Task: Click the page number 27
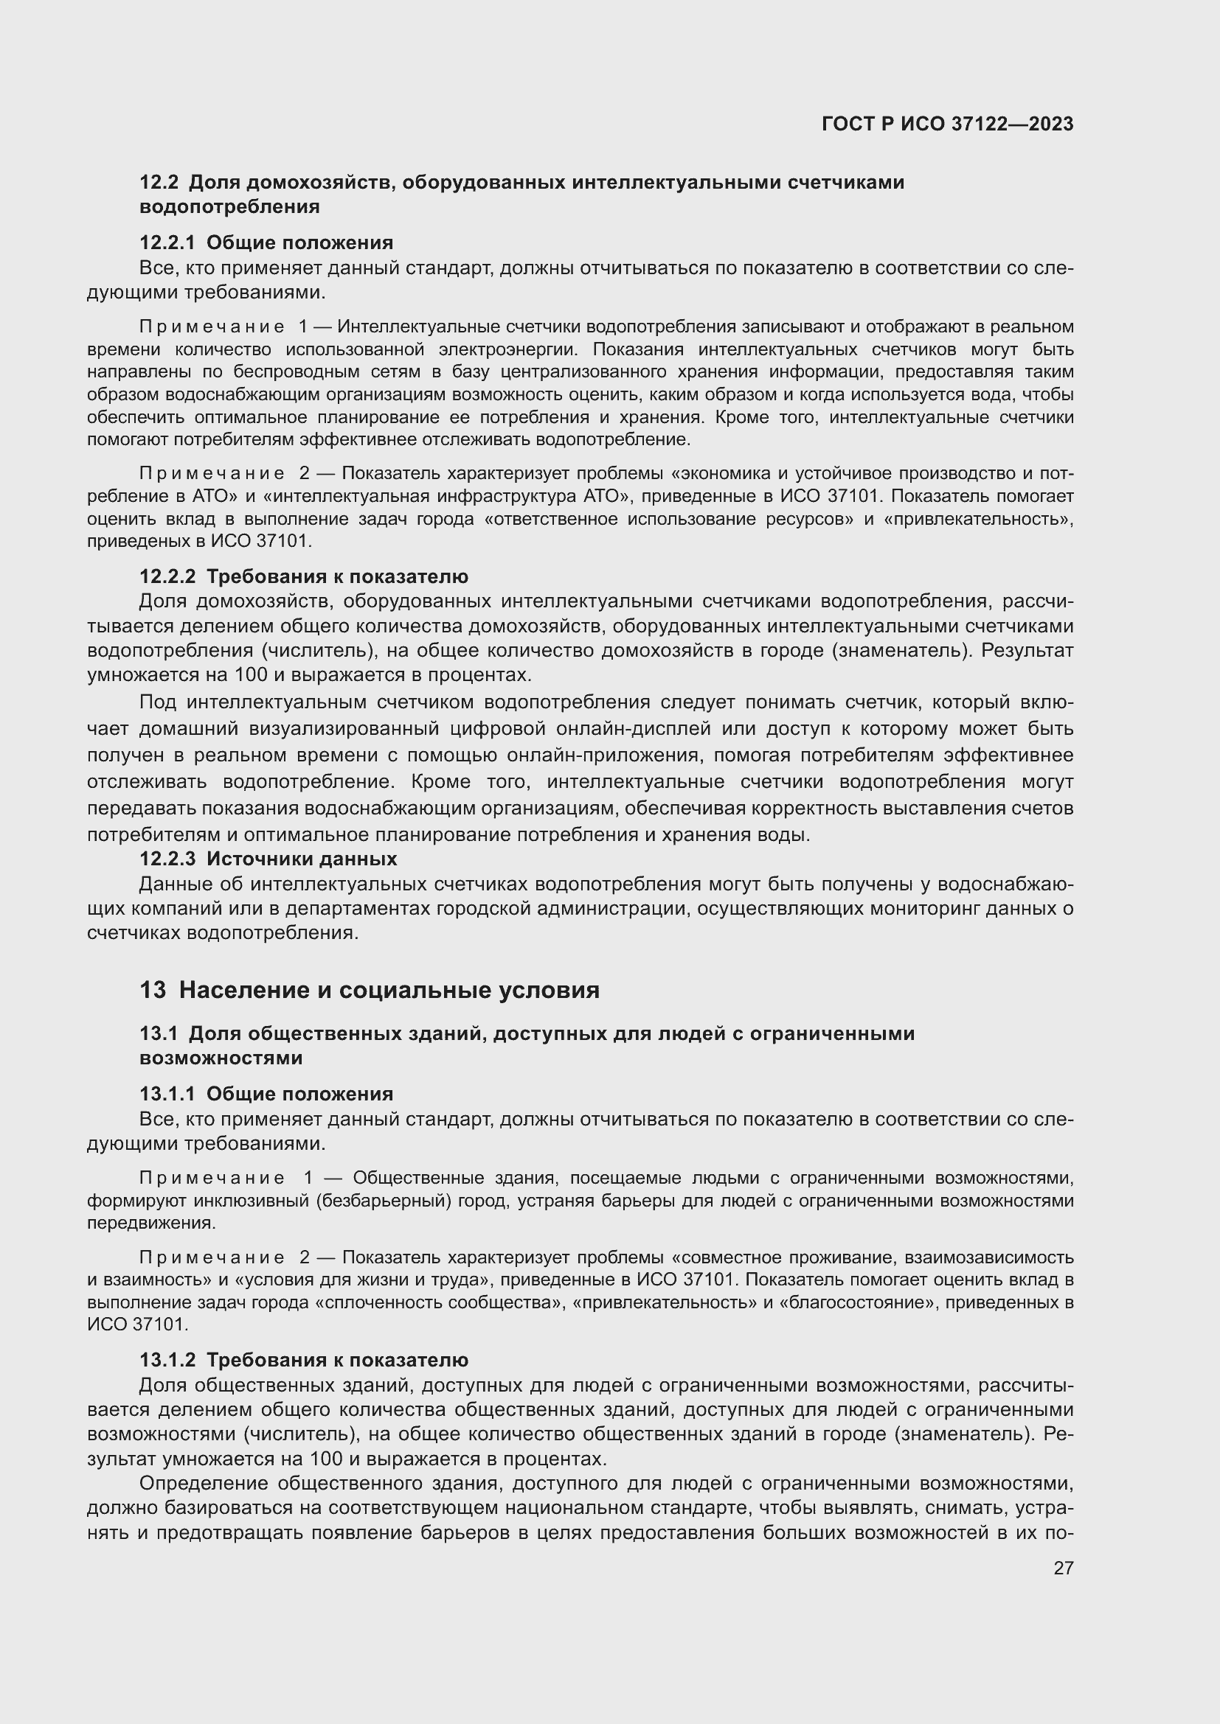click(x=1063, y=1568)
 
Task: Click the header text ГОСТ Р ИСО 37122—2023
click(x=947, y=125)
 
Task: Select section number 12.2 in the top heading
click(x=159, y=183)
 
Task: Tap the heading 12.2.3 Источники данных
click(x=268, y=858)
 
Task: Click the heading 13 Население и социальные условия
click(x=370, y=991)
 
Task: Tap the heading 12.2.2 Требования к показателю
click(x=303, y=576)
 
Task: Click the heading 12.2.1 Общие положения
click(x=266, y=242)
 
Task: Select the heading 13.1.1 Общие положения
click(x=266, y=1094)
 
